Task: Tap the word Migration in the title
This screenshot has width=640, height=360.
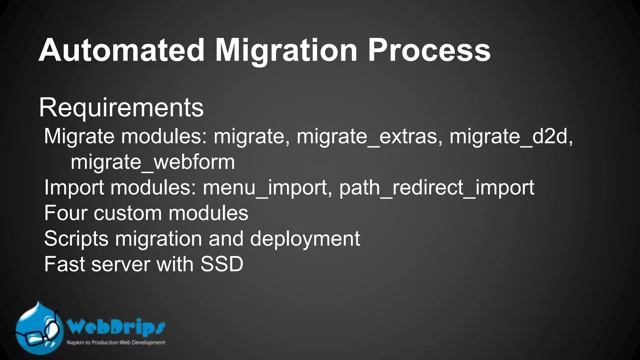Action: pos(286,50)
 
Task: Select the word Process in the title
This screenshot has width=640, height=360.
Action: pos(429,50)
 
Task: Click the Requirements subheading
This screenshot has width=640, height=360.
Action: pos(121,108)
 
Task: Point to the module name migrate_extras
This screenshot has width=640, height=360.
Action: pos(367,137)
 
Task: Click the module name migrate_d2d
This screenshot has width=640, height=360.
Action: pos(511,137)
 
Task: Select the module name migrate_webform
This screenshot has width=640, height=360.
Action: pos(152,162)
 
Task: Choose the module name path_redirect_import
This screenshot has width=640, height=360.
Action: pos(437,188)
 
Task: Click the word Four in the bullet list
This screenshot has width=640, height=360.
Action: pos(66,213)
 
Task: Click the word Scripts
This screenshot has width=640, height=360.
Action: pos(77,239)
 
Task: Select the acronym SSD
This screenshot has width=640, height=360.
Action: pos(222,264)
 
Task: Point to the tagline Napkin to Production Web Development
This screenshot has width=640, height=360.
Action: pos(116,342)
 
